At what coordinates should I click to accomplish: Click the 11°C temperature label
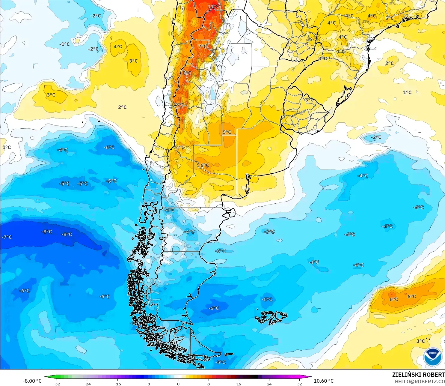coord(214,6)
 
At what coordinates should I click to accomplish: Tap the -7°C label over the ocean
coord(7,237)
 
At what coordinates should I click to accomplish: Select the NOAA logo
coord(432,357)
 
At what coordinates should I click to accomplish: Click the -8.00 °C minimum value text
coord(32,381)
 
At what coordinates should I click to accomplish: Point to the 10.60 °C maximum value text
coord(324,381)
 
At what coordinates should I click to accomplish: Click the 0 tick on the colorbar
coord(178,384)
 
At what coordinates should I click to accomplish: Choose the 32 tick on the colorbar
coord(299,384)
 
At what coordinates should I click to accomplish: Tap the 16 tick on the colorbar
coord(239,384)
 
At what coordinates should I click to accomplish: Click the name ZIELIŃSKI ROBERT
coord(418,375)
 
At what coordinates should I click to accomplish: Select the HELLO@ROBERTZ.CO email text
coord(420,382)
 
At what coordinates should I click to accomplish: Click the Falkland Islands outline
coord(271,318)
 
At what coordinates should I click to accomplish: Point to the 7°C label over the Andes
coord(203,46)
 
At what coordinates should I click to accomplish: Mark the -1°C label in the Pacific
coord(64,44)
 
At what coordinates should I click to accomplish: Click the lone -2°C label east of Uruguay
coord(376,137)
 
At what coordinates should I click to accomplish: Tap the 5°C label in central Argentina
coord(227,132)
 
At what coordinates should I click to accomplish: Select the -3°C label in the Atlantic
coord(269,232)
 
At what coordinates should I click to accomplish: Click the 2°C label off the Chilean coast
coord(122,107)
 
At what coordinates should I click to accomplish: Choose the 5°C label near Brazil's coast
coord(389,18)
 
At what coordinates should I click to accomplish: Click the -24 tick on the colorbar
coord(87,384)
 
